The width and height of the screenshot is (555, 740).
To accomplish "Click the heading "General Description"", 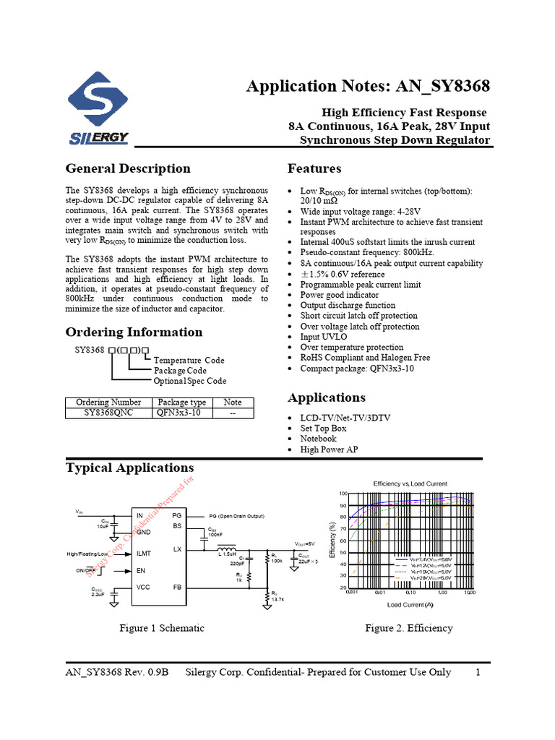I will click(128, 169).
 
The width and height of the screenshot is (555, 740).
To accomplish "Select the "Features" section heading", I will click(314, 169).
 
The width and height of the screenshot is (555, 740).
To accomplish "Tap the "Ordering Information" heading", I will click(134, 332).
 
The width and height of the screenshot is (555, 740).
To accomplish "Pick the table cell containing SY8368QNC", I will click(108, 413).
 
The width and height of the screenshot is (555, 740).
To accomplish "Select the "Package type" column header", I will click(181, 403).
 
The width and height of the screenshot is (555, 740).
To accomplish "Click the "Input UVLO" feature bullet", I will click(323, 337).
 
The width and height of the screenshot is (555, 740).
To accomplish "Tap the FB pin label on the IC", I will click(177, 587).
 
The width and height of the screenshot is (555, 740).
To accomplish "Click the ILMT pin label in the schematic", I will click(145, 554).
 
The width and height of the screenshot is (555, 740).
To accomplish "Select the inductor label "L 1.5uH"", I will click(228, 554).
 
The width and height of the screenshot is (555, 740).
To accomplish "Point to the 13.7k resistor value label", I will click(277, 600).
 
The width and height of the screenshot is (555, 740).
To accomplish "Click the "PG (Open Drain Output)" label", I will click(237, 517).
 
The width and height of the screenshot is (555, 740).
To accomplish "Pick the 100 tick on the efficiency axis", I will click(343, 493).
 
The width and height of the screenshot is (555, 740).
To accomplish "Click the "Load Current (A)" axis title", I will click(410, 604).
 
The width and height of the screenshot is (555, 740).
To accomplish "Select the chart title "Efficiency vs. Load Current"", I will click(410, 483).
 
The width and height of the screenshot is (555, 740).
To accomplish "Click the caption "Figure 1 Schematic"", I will click(162, 628).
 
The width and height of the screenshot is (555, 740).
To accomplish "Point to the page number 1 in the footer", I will click(478, 672).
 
